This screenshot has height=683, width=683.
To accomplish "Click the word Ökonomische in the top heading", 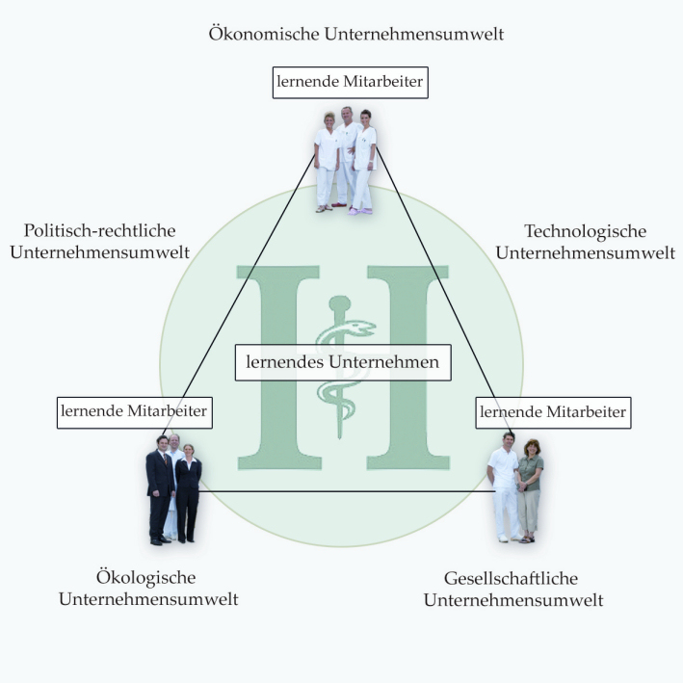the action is point(264,34).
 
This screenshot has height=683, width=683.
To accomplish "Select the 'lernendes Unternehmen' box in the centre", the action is point(343,362).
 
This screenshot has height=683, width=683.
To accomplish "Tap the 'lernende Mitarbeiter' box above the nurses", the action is point(351,82).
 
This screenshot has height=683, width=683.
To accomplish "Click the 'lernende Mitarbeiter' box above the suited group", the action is point(135,412).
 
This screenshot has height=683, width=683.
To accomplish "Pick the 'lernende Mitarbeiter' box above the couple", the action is point(553,412).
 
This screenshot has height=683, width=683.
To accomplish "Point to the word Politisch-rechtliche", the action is point(100,230).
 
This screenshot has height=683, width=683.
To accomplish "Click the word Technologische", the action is point(586,231).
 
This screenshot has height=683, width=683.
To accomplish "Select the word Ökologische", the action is point(145,577).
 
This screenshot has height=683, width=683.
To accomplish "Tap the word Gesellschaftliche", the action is point(511,578).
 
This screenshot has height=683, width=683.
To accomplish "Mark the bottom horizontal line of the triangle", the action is point(347,491).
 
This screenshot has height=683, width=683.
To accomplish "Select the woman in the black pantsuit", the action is point(188,493).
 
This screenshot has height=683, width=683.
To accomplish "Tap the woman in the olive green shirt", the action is point(529,491).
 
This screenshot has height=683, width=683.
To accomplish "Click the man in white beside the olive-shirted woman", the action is point(504,487).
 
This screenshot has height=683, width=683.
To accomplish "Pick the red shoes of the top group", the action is point(339,204).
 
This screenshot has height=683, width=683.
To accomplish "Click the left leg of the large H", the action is point(278,367).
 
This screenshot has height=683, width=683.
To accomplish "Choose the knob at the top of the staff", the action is point(340,302).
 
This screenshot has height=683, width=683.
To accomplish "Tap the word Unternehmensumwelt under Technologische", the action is point(586,252).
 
